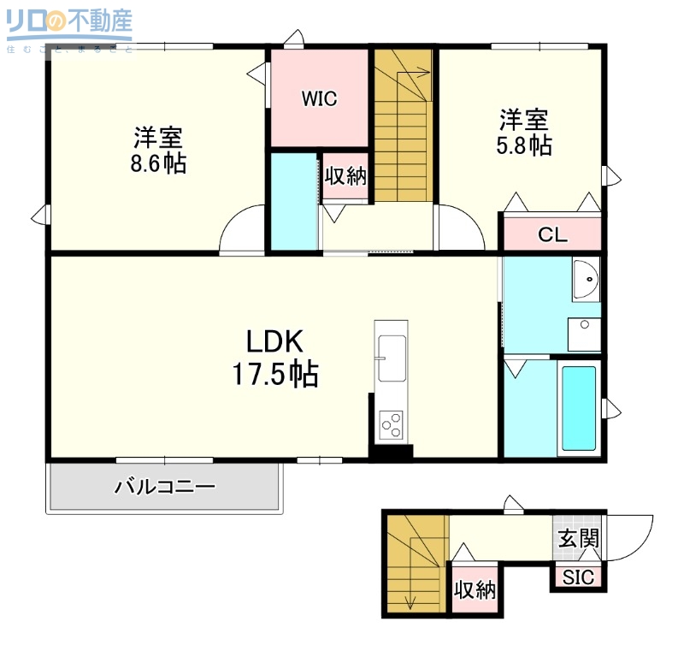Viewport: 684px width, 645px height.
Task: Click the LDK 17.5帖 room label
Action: pos(275,358)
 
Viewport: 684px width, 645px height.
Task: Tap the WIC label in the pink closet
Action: pos(319,99)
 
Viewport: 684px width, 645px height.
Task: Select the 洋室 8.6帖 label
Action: pos(158,150)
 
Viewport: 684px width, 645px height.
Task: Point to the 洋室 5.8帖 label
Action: pos(523,132)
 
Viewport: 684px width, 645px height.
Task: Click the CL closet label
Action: pos(552,235)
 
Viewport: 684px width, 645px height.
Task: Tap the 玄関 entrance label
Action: pos(578,539)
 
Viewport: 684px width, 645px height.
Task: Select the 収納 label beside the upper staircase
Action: pos(345,176)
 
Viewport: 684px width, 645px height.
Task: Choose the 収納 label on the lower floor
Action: pos(475,590)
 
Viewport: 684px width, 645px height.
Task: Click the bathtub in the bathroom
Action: pos(579,410)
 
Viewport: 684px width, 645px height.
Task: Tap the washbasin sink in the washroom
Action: pos(587,279)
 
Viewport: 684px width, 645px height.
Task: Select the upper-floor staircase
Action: pos(404,128)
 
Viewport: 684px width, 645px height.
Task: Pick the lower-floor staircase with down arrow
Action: pos(415,565)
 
